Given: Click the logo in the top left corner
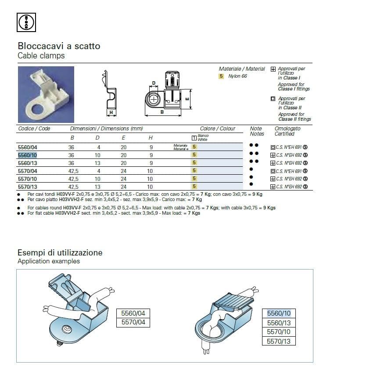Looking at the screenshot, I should coord(26,22).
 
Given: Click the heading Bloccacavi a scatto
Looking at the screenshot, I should coord(59,46).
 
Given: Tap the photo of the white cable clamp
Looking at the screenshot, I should coord(46,94).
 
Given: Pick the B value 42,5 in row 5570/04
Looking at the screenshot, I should coord(73,171).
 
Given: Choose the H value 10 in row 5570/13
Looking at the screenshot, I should coord(151,187).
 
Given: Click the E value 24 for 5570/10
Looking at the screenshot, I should coord(124,179).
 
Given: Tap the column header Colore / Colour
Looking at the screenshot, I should coord(217,129).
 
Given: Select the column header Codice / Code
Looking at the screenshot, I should coord(34,129).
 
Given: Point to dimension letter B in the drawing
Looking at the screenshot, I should coord(162,112).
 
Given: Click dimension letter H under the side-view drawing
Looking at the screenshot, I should coord(111,113).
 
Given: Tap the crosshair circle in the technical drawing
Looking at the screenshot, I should coord(154,99).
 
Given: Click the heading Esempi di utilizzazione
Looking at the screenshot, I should coord(60,253).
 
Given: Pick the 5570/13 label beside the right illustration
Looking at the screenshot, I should coord(282,341).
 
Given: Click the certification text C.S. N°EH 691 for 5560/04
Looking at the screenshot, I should coord(288,147).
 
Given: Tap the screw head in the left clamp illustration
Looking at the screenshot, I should coord(68,328).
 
